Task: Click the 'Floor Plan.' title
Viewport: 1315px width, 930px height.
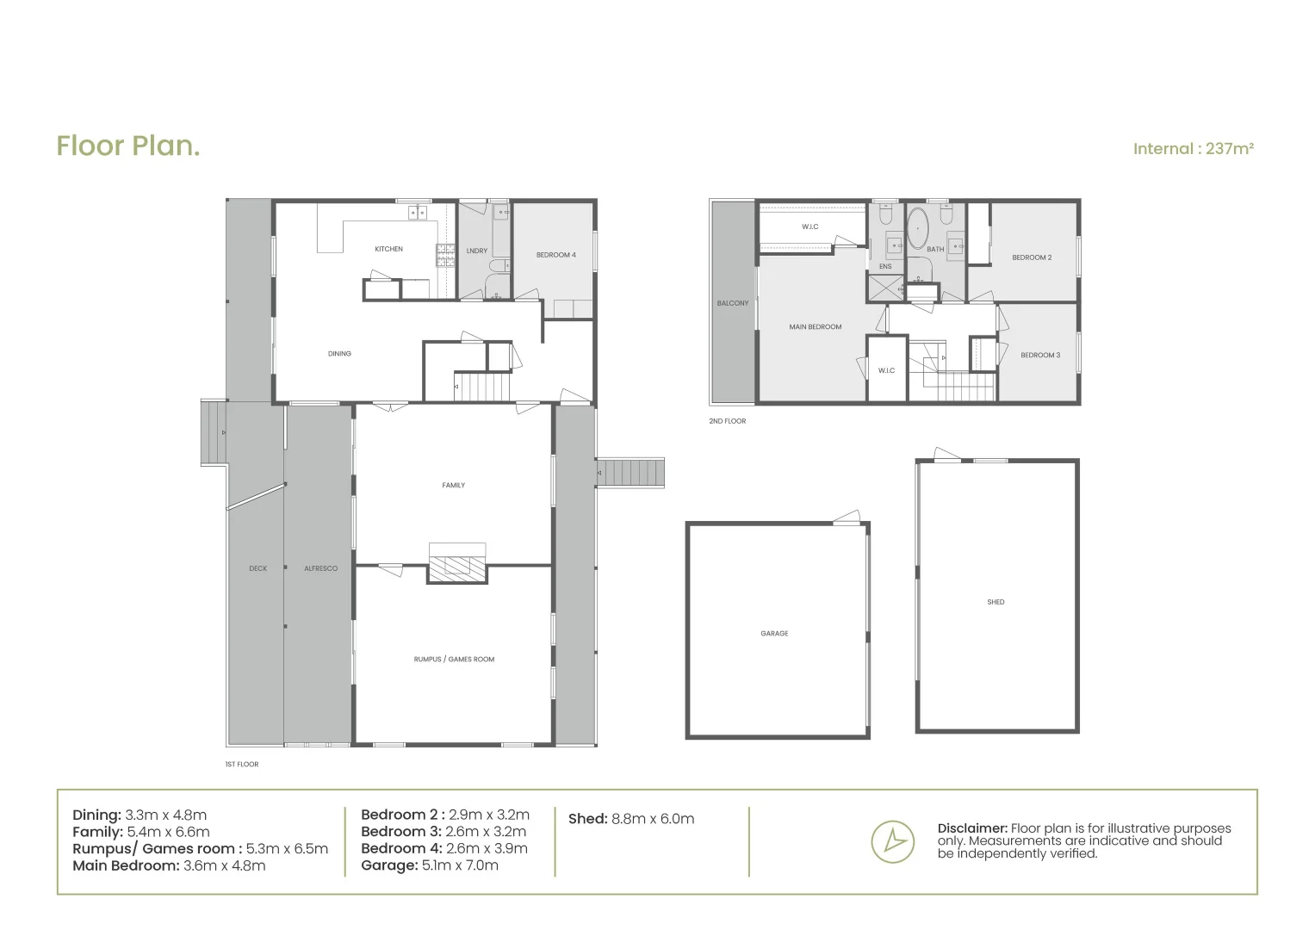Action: pos(128,146)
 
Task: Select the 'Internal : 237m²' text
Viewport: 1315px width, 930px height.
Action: pos(1193,149)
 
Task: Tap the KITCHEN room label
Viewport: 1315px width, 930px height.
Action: pos(388,250)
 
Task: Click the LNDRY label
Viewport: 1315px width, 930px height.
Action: pos(476,251)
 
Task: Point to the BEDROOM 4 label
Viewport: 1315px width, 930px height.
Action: pos(555,255)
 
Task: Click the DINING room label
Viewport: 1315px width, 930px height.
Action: pos(339,354)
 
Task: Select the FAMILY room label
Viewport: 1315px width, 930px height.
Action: pos(453,486)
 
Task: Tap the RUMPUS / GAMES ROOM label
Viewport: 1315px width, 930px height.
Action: pos(454,660)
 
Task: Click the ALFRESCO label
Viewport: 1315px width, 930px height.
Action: pos(320,568)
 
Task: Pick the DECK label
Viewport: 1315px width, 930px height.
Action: pos(257,568)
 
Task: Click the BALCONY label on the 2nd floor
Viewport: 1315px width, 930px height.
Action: pos(733,303)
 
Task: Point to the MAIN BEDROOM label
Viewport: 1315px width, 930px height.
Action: pos(815,327)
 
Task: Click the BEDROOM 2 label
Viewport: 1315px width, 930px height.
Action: pos(1031,257)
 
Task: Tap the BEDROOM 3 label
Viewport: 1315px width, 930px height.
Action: pos(1039,356)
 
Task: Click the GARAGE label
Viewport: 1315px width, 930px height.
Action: pos(774,634)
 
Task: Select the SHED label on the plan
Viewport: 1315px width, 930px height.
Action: pos(996,603)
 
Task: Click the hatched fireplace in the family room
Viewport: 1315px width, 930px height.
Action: pos(456,567)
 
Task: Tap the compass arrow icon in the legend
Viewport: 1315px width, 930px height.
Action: pos(892,841)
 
